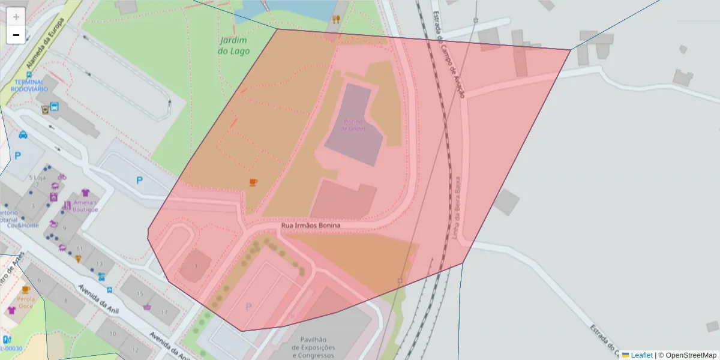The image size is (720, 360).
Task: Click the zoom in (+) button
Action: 16,17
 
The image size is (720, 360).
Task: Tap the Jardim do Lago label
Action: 234,46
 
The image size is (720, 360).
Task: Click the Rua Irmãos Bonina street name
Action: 311,226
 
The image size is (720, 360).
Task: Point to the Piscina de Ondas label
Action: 353,125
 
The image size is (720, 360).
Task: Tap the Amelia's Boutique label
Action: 85,206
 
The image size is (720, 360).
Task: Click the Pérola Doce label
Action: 26,302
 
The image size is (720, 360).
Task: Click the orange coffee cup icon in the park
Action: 253,182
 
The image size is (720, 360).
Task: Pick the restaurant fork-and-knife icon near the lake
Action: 337,19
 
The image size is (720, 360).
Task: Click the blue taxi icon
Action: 23,134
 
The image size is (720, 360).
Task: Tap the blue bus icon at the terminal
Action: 55,107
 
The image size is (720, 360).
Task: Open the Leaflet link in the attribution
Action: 641,355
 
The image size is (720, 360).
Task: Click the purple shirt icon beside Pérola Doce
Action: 11,310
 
